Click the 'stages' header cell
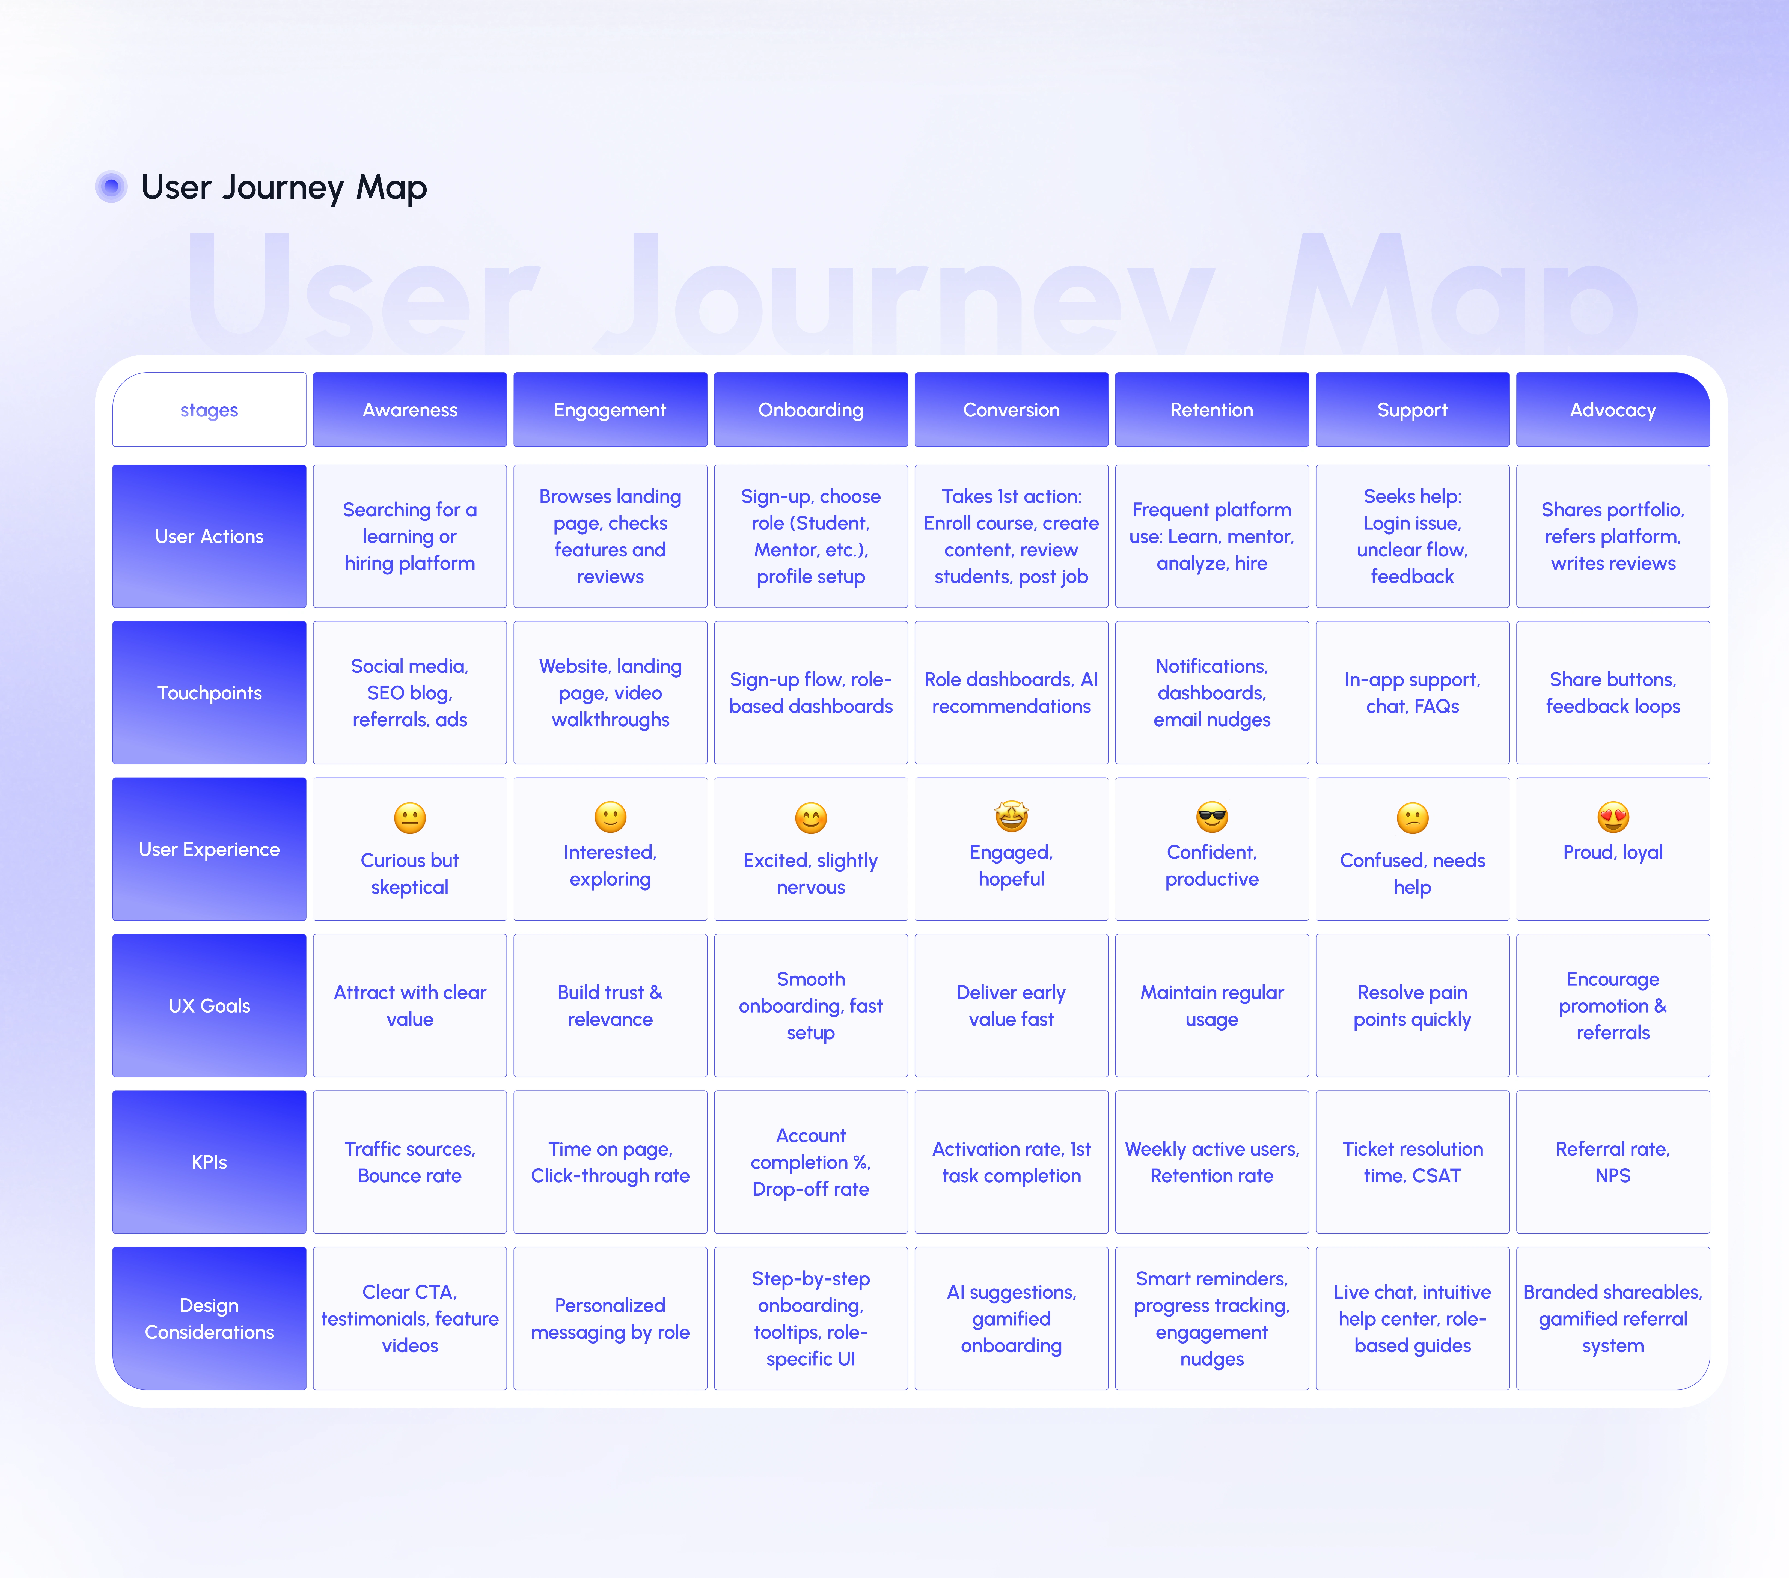(209, 410)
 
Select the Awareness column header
(410, 410)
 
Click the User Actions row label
(209, 536)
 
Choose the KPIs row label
(209, 1162)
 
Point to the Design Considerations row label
(209, 1318)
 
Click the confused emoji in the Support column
(1413, 817)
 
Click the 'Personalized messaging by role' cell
(610, 1318)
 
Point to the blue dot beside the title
(111, 186)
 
